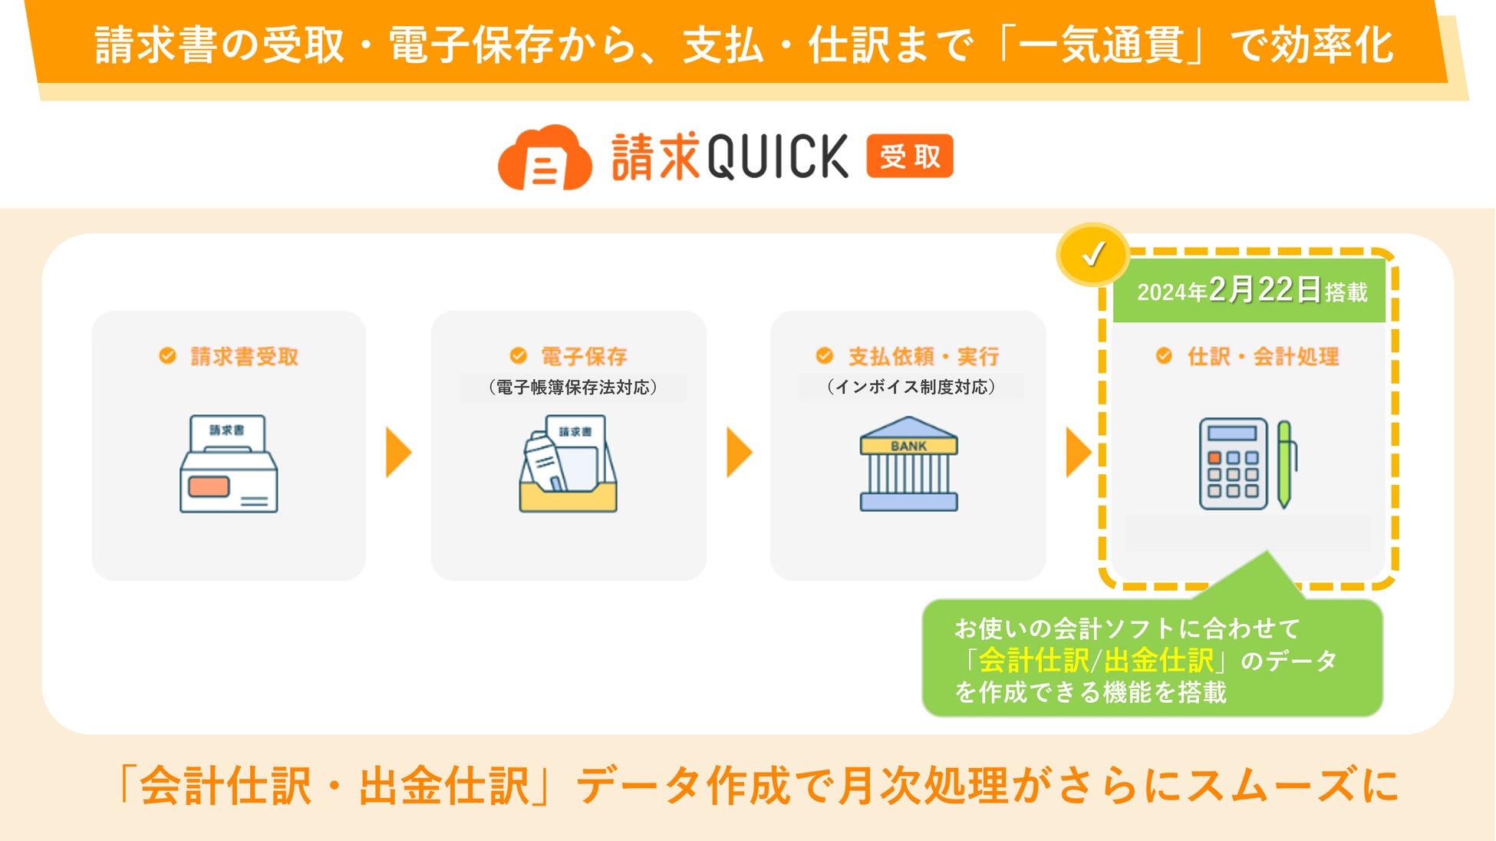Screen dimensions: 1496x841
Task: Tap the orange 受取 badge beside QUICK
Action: point(910,157)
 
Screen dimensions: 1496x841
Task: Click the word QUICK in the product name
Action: point(777,157)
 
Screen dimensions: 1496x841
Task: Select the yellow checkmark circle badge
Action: point(1092,255)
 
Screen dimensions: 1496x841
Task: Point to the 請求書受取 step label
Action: point(244,357)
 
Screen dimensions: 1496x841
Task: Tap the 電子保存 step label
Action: point(584,356)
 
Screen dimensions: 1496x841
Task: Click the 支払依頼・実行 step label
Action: point(923,356)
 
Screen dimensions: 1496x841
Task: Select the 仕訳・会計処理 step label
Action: point(1263,356)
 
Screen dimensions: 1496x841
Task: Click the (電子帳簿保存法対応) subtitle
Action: point(572,388)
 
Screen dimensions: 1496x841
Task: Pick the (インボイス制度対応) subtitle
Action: point(911,388)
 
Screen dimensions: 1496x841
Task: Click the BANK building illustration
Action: point(908,464)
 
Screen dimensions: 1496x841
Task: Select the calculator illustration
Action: point(1233,464)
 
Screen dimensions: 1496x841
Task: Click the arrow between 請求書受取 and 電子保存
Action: point(398,453)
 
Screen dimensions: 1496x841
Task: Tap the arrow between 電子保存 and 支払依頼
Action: point(739,453)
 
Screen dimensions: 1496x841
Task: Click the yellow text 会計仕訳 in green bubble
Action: point(1033,660)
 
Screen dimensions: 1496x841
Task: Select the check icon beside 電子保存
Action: point(519,355)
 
